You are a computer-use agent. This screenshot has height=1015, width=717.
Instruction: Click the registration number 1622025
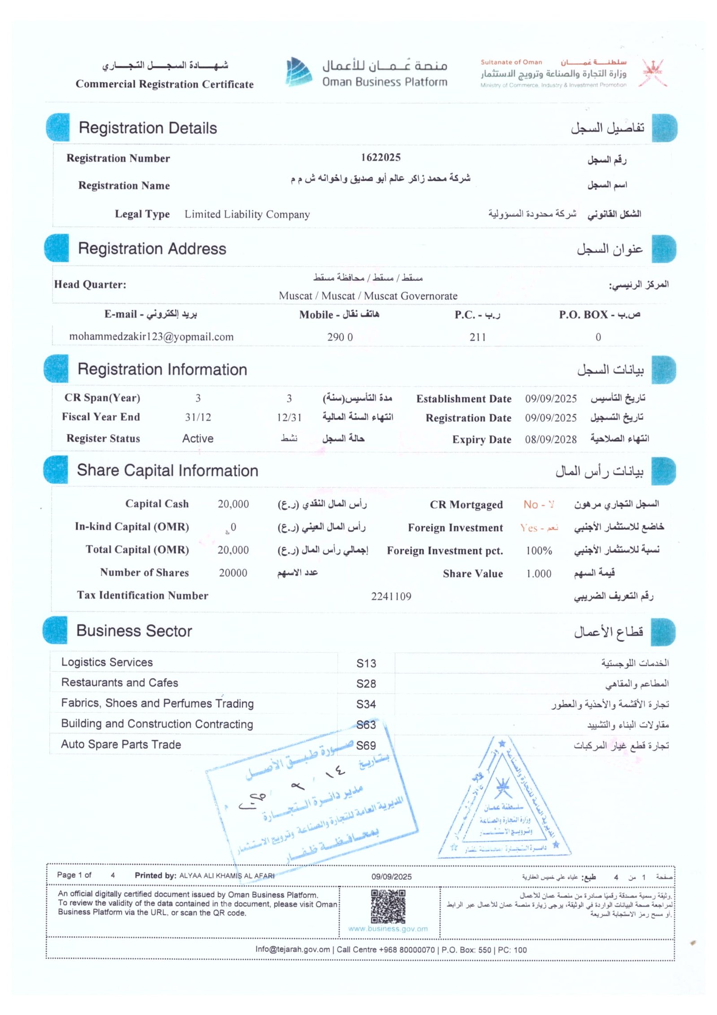[x=380, y=157]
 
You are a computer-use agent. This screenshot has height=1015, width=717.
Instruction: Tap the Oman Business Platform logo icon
[x=299, y=72]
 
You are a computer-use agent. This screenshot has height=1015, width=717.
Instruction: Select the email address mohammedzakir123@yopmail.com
[x=151, y=337]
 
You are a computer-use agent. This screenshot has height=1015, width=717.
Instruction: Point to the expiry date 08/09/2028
[x=550, y=439]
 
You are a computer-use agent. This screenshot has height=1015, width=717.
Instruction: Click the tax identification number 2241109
[x=391, y=596]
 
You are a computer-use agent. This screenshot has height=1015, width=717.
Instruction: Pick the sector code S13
[x=366, y=664]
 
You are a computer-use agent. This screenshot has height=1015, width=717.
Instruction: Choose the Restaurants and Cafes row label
[x=120, y=683]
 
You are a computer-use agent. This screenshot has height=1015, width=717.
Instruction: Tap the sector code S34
[x=366, y=704]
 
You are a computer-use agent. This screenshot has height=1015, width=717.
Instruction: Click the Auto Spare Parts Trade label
[x=121, y=745]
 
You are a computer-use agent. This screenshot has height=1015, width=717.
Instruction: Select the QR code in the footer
[x=388, y=907]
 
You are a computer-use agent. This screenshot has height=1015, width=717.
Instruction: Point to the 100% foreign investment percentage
[x=539, y=551]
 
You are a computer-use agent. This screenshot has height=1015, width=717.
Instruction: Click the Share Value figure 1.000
[x=539, y=574]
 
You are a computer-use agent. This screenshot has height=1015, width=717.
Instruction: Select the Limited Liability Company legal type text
[x=247, y=214]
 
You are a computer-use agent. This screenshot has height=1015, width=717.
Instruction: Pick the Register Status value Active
[x=198, y=438]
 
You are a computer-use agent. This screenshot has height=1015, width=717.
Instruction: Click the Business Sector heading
[x=134, y=631]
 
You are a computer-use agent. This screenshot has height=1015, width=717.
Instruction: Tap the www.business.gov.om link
[x=388, y=929]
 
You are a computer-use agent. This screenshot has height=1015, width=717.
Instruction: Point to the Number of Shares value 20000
[x=233, y=573]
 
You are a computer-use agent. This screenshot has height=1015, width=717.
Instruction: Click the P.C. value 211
[x=477, y=337]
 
